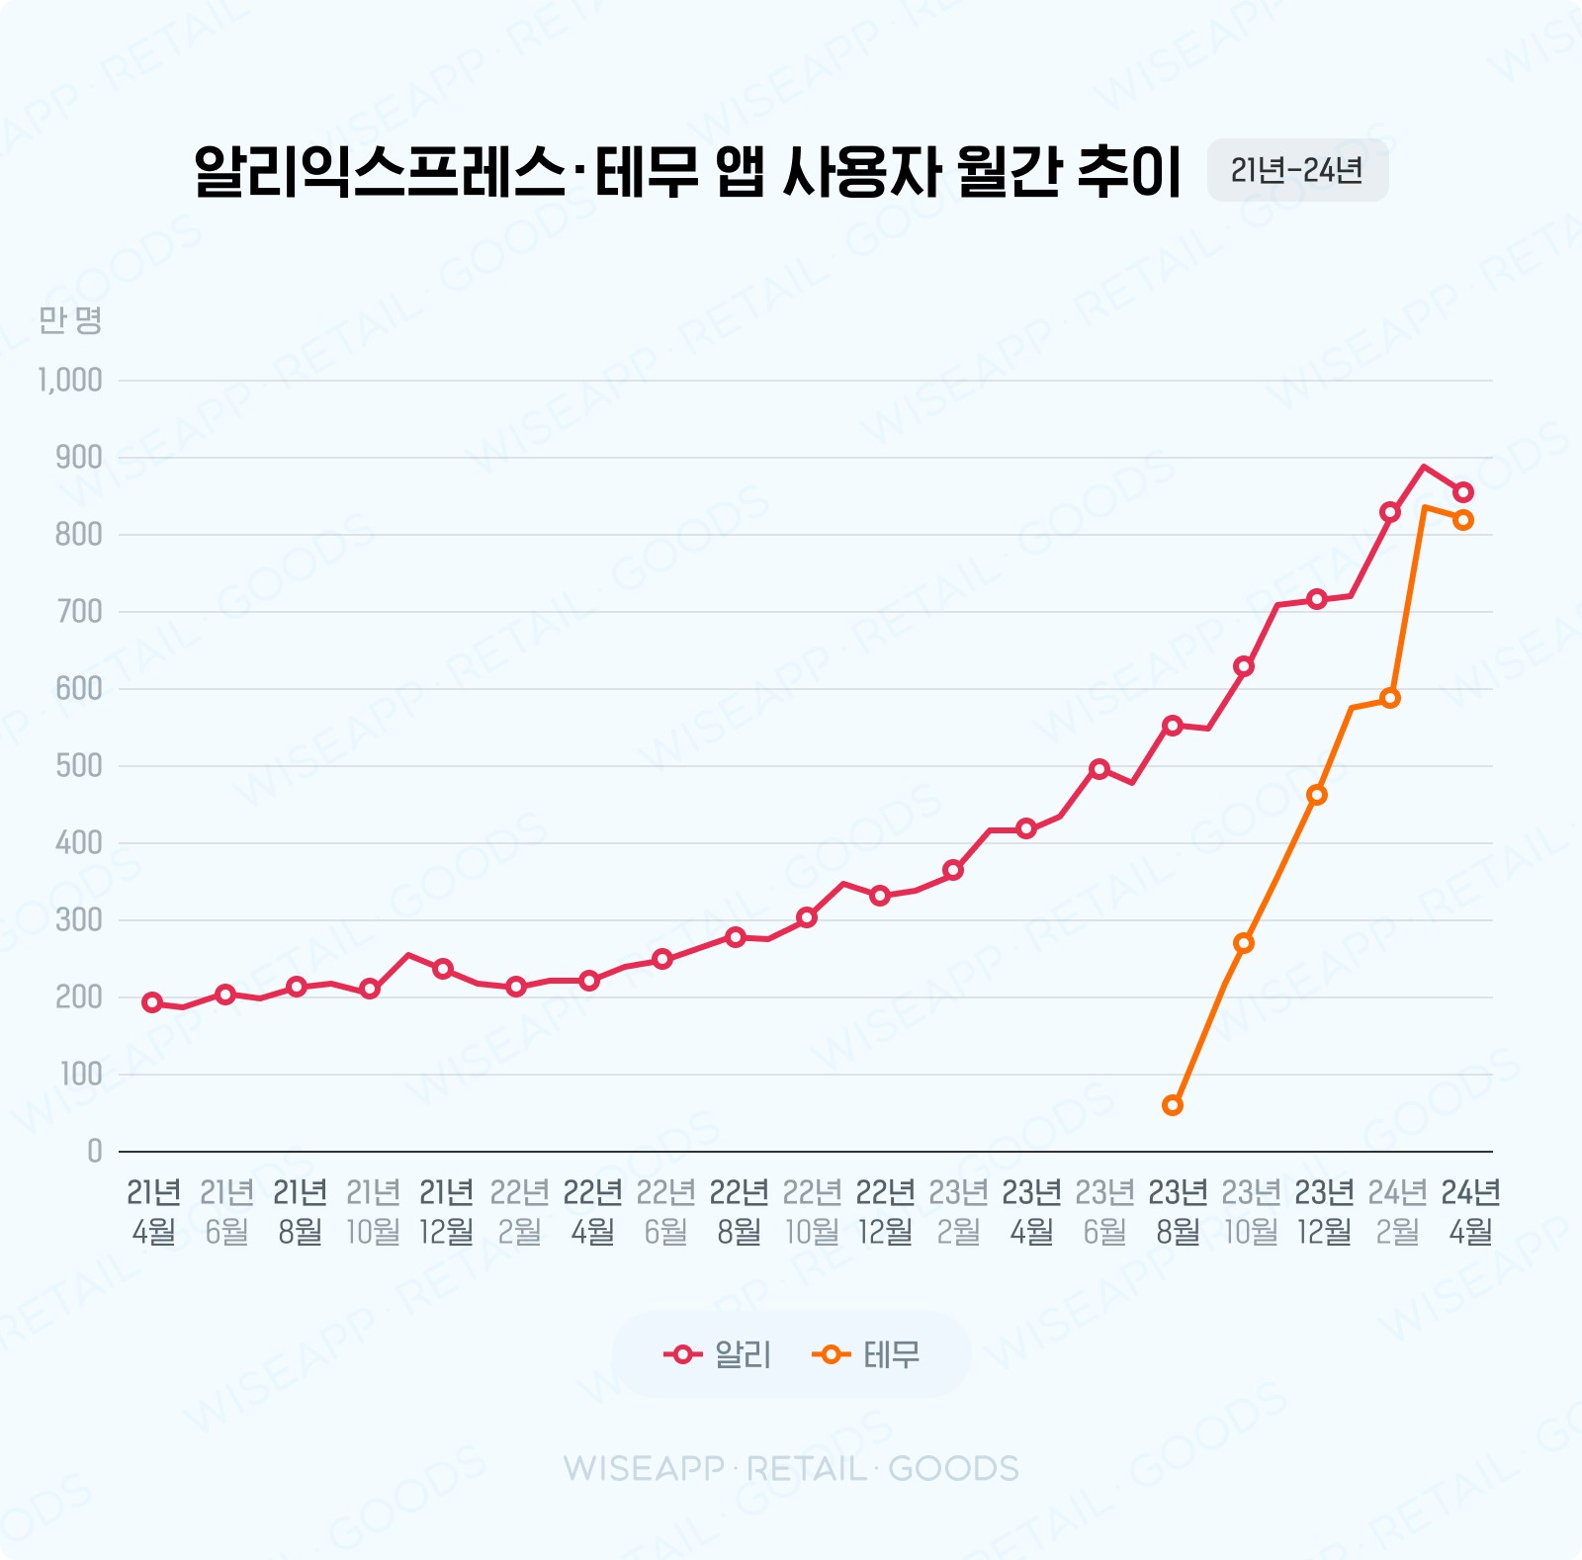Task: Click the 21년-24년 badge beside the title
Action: pyautogui.click(x=1296, y=171)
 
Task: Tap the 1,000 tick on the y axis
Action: pyautogui.click(x=70, y=381)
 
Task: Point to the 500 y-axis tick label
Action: pyautogui.click(x=79, y=766)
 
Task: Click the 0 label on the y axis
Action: pyautogui.click(x=94, y=1151)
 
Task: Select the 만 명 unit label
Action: pyautogui.click(x=70, y=319)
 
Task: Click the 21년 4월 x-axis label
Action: pyautogui.click(x=153, y=1212)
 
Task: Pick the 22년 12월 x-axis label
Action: pyautogui.click(x=885, y=1212)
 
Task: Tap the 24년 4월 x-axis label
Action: pyautogui.click(x=1470, y=1212)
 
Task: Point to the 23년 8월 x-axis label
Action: pyautogui.click(x=1178, y=1212)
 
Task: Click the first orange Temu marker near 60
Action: pyautogui.click(x=1173, y=1105)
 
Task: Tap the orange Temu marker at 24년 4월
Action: pyautogui.click(x=1463, y=520)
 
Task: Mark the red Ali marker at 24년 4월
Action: pyautogui.click(x=1463, y=491)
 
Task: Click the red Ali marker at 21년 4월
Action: pyautogui.click(x=152, y=1002)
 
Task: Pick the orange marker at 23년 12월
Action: pyautogui.click(x=1317, y=795)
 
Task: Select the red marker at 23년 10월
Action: pyautogui.click(x=1244, y=666)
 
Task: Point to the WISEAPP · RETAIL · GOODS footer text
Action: pyautogui.click(x=791, y=1469)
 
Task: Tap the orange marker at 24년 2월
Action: pyautogui.click(x=1390, y=698)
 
